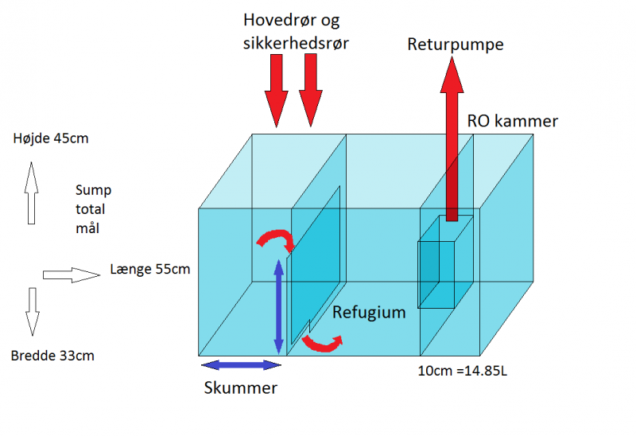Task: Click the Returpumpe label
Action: pos(456,45)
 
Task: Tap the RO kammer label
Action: pos(513,122)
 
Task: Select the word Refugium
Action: pos(369,313)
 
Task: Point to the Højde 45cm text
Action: pos(51,138)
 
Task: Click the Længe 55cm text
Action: pos(150,270)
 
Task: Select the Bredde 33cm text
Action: pos(52,356)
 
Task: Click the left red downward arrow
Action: pos(275,94)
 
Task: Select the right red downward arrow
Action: pos(310,94)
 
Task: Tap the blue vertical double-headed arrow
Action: pos(278,306)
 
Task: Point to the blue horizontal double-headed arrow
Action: pos(241,365)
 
